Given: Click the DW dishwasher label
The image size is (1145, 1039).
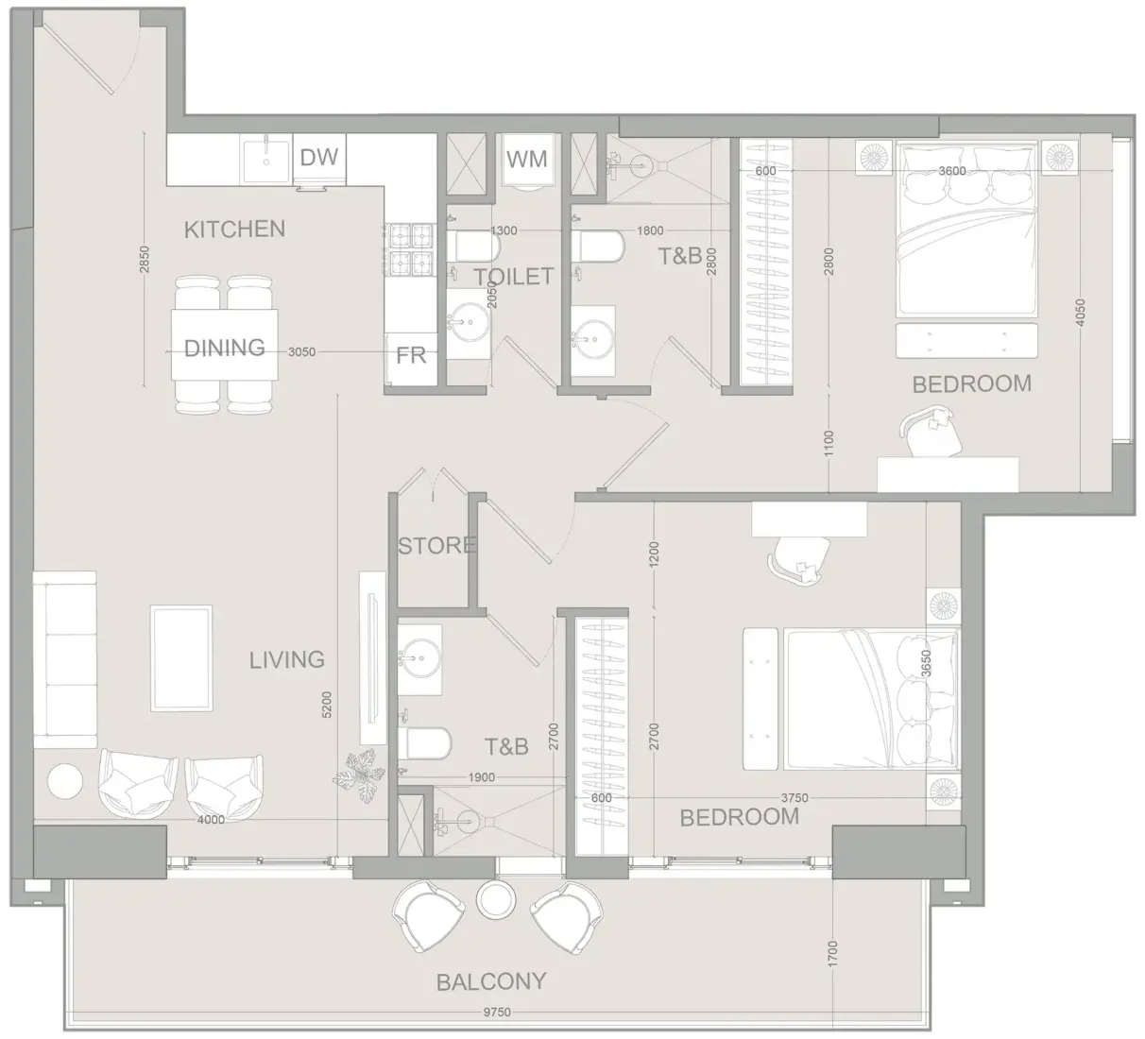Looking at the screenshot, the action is coord(319,157).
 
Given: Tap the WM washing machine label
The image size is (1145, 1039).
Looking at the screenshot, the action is coord(526,160).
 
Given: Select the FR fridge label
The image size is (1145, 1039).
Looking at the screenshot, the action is coord(411,356).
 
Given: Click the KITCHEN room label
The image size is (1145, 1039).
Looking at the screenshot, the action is coord(234,229).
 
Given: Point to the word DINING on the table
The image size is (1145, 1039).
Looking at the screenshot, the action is coord(225,348).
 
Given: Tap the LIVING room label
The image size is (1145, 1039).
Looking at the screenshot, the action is coord(287,660).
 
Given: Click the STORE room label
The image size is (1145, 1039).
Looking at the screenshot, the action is coord(436,546).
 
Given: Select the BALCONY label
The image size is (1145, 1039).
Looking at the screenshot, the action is coord(491,982).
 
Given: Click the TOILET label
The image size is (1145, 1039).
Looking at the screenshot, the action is coord(514,277).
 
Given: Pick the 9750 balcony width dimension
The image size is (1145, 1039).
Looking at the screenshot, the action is coord(497,1013).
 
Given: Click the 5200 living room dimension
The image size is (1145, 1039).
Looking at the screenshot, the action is coord(327,705).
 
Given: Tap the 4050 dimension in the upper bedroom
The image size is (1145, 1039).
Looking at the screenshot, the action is coord(1080,313).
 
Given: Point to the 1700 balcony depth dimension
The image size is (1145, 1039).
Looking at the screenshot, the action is coord(833,954).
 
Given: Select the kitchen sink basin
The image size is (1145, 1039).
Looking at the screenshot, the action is coord(266,161).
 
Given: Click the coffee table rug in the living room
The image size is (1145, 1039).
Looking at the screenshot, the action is coord(181,658).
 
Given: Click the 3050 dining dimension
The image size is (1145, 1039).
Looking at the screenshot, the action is coord(301,352).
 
